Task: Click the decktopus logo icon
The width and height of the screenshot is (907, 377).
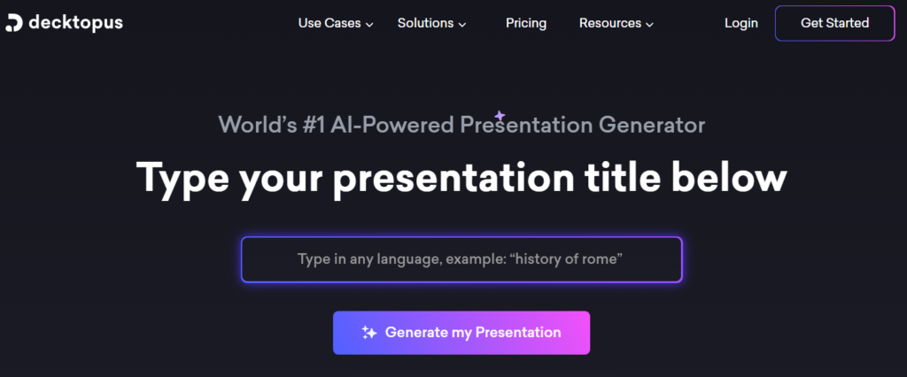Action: pos(14,23)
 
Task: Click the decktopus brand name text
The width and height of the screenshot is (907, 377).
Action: pos(76,23)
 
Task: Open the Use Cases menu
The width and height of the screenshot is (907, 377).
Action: pos(329,23)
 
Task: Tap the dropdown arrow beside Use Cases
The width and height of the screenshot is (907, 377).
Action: pos(369,24)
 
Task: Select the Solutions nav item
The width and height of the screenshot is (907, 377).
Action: pos(425,23)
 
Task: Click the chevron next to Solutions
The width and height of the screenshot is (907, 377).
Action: pos(462,24)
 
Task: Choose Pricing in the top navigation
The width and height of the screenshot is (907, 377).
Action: pos(526,23)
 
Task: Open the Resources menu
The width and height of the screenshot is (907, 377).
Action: pos(610,23)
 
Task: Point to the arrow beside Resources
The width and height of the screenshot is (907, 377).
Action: pos(649,24)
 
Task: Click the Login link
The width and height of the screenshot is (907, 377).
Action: pos(741,23)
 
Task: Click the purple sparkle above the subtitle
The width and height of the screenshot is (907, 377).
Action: pos(500,116)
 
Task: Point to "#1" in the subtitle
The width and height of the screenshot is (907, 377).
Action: pos(313,125)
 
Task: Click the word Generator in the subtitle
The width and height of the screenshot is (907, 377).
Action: pos(652,125)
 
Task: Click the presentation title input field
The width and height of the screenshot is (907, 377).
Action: pos(461,259)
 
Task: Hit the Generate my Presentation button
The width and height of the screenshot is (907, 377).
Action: pos(461,333)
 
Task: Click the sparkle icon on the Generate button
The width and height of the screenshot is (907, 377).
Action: pos(369,333)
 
